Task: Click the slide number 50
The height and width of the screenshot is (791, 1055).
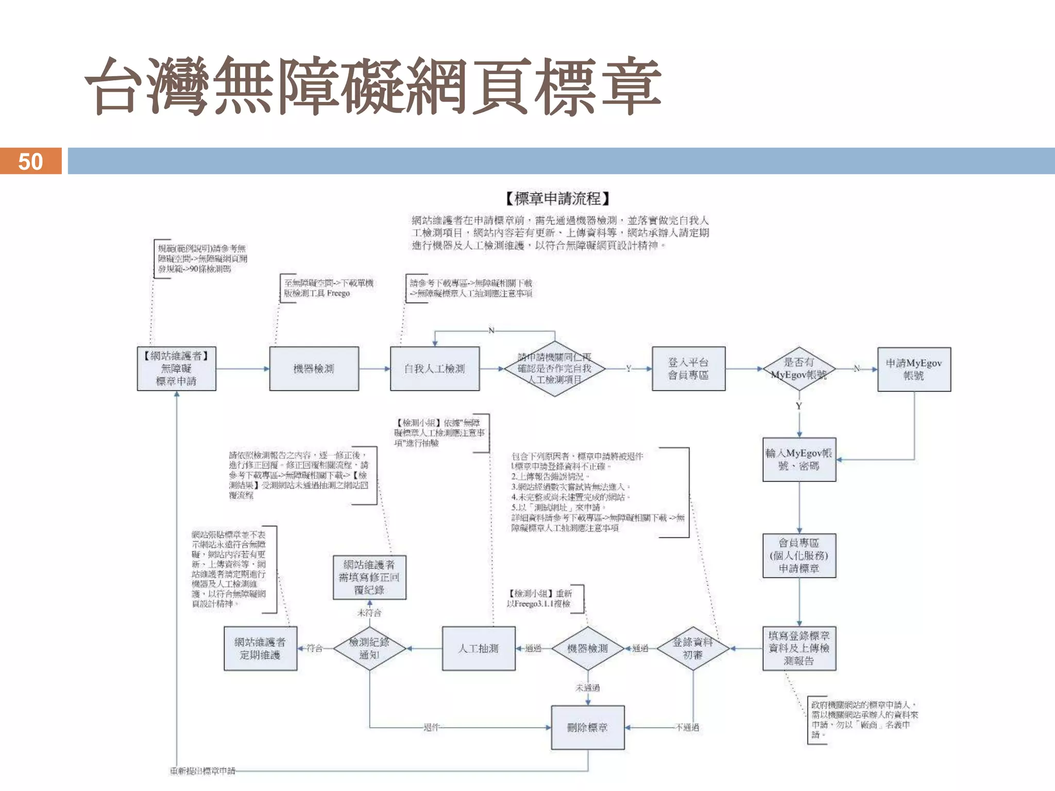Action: pyautogui.click(x=30, y=162)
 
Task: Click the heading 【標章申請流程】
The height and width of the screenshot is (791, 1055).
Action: pyautogui.click(x=557, y=198)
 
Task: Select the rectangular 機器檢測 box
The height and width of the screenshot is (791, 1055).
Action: pyautogui.click(x=314, y=369)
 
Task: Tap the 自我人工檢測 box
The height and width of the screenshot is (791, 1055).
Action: pyautogui.click(x=434, y=369)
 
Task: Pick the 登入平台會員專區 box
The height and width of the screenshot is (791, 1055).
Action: pyautogui.click(x=688, y=369)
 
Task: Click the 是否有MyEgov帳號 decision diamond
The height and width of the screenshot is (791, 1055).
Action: pyautogui.click(x=798, y=369)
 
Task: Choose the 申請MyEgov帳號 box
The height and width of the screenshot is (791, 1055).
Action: pyautogui.click(x=914, y=369)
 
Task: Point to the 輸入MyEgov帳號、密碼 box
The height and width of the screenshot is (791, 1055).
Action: pyautogui.click(x=799, y=459)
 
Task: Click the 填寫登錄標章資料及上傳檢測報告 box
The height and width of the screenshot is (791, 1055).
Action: pyautogui.click(x=799, y=648)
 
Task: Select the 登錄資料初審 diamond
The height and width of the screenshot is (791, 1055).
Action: pyautogui.click(x=693, y=648)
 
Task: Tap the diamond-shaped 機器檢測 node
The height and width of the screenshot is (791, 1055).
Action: pyautogui.click(x=588, y=648)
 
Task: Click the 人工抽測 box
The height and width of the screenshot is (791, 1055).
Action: pyautogui.click(x=479, y=648)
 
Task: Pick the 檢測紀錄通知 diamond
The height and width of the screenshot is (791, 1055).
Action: pyautogui.click(x=369, y=648)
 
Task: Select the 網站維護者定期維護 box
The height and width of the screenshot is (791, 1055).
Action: pyautogui.click(x=260, y=648)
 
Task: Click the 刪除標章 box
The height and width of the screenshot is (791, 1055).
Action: pyautogui.click(x=588, y=727)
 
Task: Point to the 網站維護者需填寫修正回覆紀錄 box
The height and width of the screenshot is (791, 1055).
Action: pyautogui.click(x=369, y=577)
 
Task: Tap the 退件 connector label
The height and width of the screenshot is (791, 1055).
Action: pyautogui.click(x=431, y=727)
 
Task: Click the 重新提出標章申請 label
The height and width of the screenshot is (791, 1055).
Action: pyautogui.click(x=202, y=771)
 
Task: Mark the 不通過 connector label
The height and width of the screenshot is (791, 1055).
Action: pyautogui.click(x=687, y=727)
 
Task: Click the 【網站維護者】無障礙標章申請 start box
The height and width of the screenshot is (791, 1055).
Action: pyautogui.click(x=176, y=369)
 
